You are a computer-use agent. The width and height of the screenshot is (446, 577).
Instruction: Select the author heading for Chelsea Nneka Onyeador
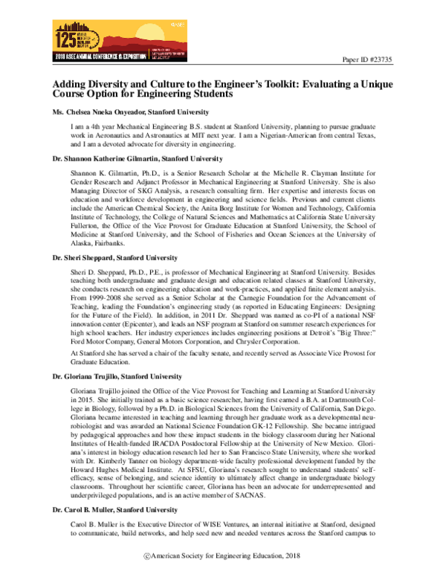[x=120, y=111]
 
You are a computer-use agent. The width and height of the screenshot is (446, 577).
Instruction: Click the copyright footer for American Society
[x=223, y=556]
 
